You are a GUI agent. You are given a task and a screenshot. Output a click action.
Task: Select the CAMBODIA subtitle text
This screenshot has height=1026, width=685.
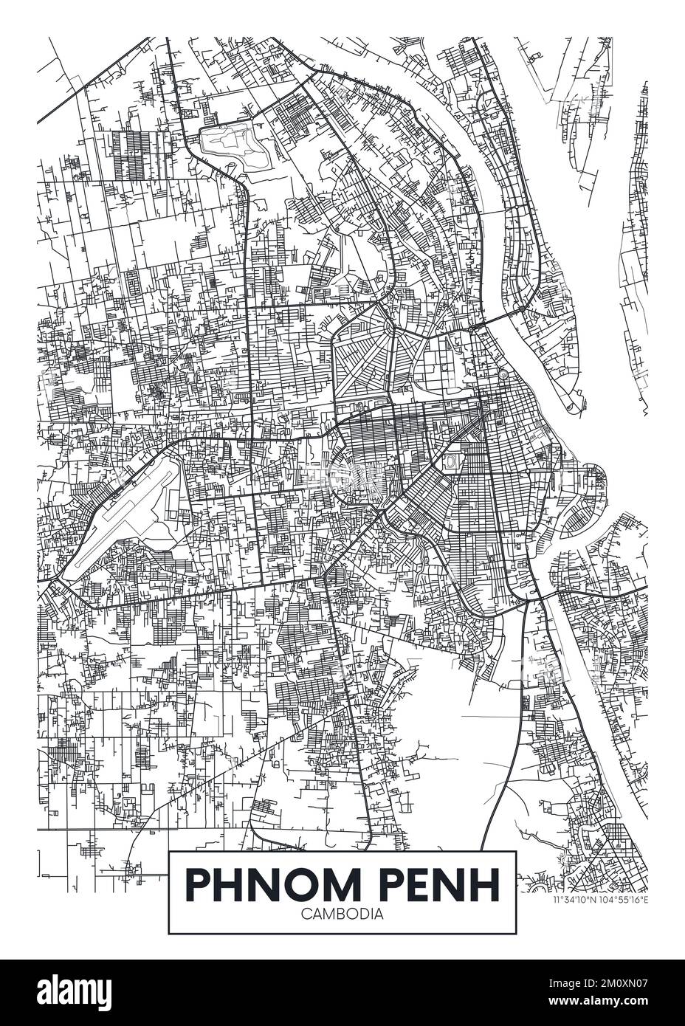tap(342, 913)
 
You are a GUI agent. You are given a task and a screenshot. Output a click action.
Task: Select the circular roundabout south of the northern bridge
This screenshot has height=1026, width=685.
tap(502, 376)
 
